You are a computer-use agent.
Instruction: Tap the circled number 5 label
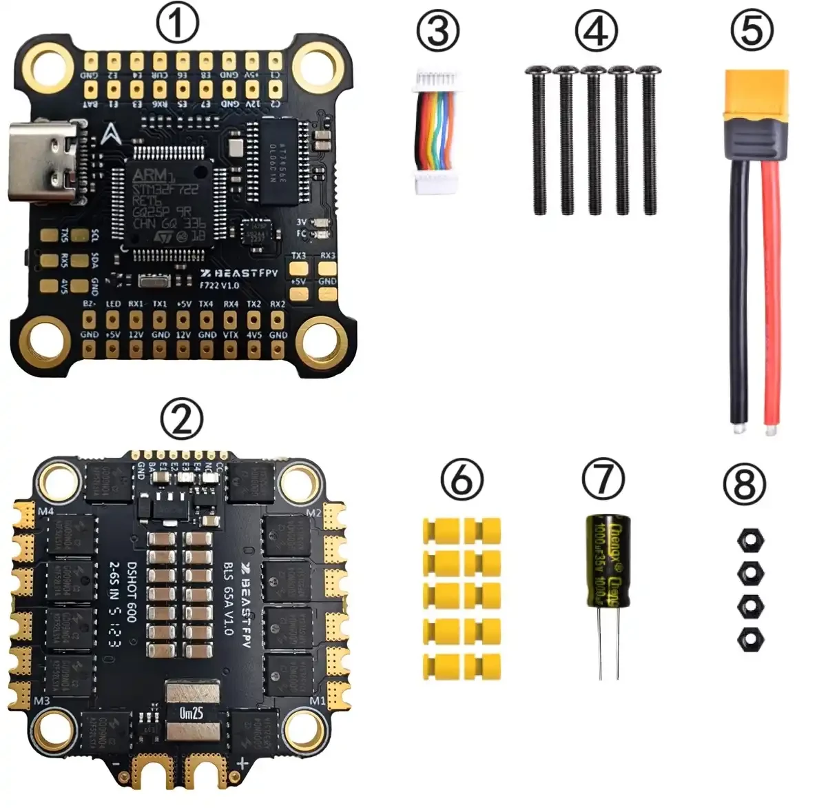pos(752,32)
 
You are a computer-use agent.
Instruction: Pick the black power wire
pos(738,290)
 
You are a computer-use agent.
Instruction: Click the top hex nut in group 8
pos(750,540)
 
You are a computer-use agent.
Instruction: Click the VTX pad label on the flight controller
pos(231,334)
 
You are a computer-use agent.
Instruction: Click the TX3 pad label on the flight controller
pos(298,255)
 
